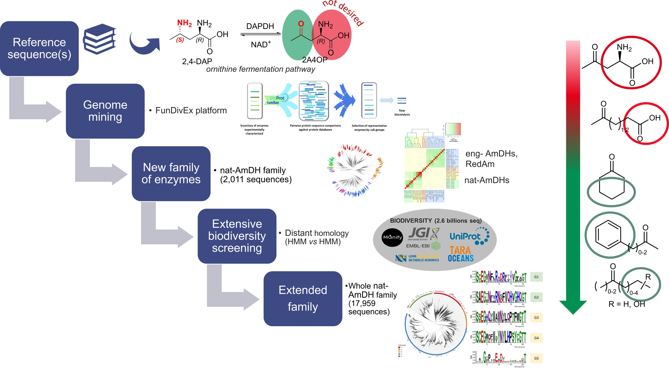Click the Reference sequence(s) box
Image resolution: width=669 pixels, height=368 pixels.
point(39,48)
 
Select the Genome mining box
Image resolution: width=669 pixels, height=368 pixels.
point(105,111)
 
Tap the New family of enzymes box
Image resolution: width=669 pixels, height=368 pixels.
point(171,173)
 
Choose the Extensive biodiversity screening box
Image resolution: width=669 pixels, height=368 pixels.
point(237,236)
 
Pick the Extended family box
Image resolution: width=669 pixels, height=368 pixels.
point(303,299)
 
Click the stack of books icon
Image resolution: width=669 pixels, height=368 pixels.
point(100,39)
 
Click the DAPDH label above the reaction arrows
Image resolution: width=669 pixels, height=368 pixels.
point(260,26)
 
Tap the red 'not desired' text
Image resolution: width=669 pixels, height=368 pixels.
point(343,12)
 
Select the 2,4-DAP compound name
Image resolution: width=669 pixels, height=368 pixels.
point(197,61)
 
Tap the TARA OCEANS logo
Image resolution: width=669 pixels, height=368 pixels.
point(461,254)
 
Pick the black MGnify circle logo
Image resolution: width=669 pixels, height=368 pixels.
point(392,237)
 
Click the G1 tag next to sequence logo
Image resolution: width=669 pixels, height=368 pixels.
point(536,277)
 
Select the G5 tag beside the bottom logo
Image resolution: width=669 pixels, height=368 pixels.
point(536,358)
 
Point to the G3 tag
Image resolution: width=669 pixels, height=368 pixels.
point(536,317)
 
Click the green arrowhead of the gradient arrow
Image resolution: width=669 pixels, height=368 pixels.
point(573,307)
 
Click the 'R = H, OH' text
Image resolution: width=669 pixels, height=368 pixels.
point(626,304)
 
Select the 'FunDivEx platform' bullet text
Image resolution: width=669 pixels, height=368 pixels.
point(191,111)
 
